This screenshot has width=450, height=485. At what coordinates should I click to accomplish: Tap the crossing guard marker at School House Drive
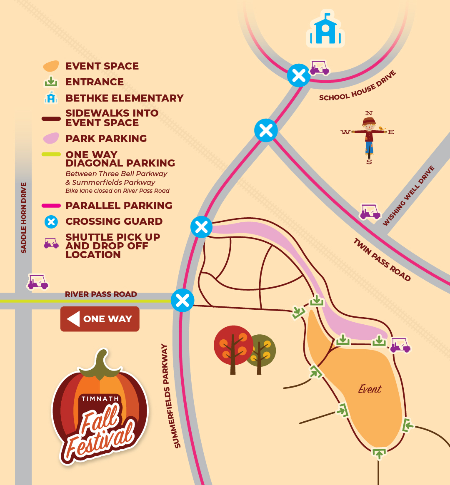tap(299, 76)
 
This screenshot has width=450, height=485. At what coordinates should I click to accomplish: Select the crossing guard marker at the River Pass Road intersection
tap(182, 300)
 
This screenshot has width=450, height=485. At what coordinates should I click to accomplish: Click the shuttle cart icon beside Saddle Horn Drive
tap(38, 282)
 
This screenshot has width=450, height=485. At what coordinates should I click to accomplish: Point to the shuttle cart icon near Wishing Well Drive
tap(370, 212)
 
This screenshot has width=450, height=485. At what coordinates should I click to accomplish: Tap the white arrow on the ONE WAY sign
tap(73, 319)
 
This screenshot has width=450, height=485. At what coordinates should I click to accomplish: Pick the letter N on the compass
tap(369, 113)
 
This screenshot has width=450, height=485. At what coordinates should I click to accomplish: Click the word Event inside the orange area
tap(370, 389)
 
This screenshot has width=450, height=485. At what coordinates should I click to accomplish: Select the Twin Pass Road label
tap(382, 260)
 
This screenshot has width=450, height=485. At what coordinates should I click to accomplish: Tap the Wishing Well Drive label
tap(409, 196)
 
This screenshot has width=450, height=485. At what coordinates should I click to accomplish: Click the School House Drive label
tap(357, 86)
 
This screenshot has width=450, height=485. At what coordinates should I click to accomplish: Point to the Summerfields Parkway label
tap(171, 396)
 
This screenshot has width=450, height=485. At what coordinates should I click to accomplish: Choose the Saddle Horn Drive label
tap(24, 217)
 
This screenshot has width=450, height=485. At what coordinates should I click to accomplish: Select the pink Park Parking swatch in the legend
tap(51, 138)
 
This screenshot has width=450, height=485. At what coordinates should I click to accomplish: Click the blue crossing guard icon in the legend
tap(51, 221)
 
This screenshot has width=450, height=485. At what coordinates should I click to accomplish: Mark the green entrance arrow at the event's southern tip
tap(379, 453)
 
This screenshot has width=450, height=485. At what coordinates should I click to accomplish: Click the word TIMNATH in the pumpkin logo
tap(100, 399)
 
